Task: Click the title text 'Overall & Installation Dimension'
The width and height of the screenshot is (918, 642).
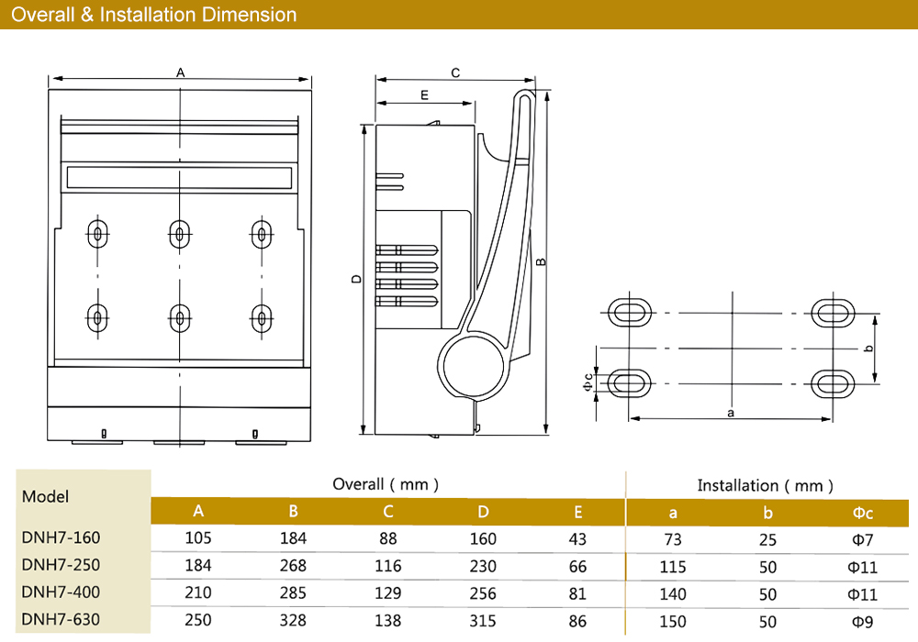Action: click(x=154, y=15)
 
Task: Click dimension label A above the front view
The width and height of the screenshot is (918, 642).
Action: click(x=181, y=72)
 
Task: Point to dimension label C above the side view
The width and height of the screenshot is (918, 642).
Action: click(x=455, y=72)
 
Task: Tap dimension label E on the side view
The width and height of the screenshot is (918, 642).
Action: click(x=424, y=95)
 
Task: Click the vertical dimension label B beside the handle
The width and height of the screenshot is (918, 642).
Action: click(x=542, y=261)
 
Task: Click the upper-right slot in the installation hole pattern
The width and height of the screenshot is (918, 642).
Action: click(x=834, y=312)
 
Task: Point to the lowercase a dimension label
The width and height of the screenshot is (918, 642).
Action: click(x=731, y=413)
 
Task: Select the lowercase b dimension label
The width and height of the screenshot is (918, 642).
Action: click(x=868, y=348)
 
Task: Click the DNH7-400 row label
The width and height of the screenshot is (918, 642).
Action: click(x=61, y=592)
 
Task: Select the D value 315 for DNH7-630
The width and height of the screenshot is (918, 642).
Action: click(x=484, y=621)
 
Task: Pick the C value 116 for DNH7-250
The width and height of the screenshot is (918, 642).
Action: click(x=388, y=566)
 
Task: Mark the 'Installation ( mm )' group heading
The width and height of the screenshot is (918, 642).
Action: click(x=766, y=485)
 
